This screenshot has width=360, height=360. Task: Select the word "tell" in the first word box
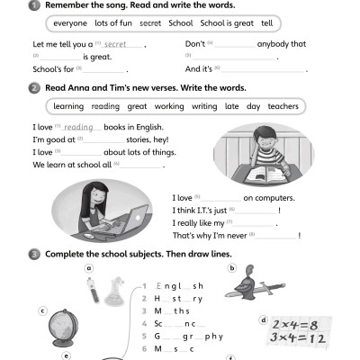[x=266, y=22]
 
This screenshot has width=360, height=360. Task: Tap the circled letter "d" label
[x=263, y=319]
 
